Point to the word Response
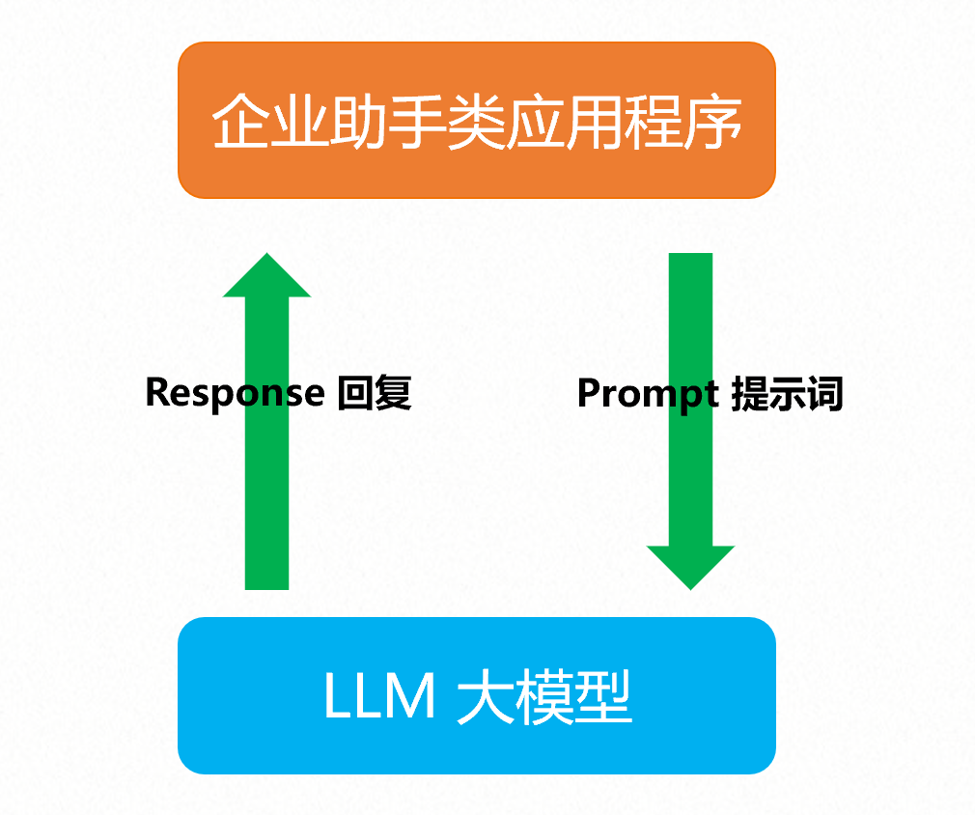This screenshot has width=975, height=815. pos(235,393)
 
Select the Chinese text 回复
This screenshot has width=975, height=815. pos(376,393)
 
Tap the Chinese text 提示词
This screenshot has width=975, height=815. pos(788,394)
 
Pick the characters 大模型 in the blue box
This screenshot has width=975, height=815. pos(543,697)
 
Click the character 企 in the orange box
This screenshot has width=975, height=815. pos(239,122)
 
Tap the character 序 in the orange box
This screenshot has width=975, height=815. pos(715,122)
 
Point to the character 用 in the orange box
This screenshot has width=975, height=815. pos(596,122)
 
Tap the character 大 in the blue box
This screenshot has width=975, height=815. pos(483,697)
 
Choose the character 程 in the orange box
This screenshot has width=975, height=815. pos(655,122)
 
